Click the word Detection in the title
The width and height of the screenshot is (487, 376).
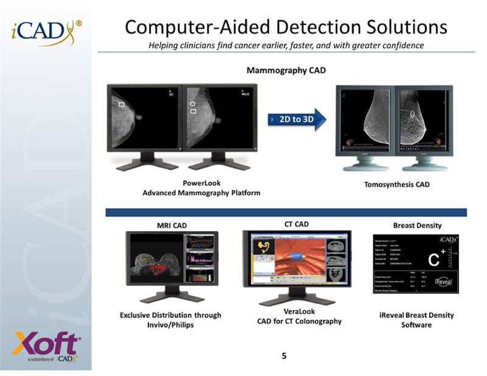click(318, 27)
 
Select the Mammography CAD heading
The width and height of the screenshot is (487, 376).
click(286, 70)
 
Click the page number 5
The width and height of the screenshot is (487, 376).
click(284, 356)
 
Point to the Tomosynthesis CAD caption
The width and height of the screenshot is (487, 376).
click(396, 185)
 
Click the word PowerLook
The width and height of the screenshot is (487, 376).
click(202, 183)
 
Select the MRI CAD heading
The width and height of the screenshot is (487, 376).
click(172, 225)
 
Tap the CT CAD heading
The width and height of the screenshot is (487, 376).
click(296, 224)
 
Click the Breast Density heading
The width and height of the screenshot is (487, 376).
click(417, 225)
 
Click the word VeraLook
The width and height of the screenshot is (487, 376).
click(299, 311)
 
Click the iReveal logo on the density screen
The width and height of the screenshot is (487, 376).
click(443, 282)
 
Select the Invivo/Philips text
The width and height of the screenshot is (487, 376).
click(170, 325)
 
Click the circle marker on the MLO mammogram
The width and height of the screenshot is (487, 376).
click(193, 104)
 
